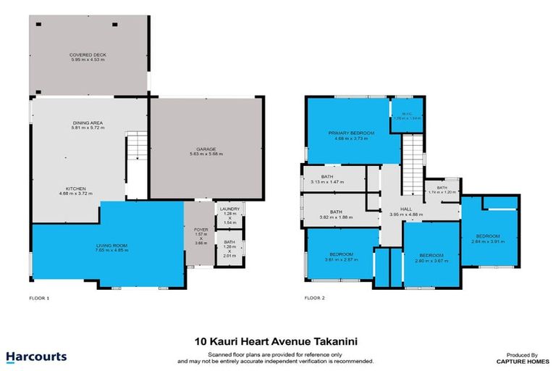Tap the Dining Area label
pos(87,123)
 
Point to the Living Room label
pos(111,246)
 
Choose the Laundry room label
pos(231,210)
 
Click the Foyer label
pos(201,230)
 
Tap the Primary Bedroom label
pos(351,133)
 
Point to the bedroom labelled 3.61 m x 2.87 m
pos(341,254)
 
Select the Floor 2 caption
pos(314,298)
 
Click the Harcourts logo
pos(36,357)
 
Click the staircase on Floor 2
pos(412,151)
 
